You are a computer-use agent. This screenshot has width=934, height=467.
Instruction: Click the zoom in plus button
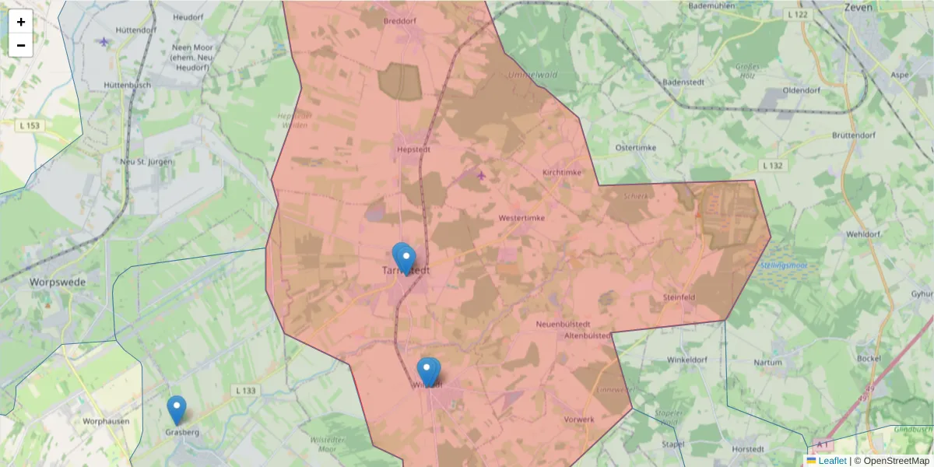tap(21, 22)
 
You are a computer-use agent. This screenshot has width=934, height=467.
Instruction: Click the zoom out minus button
tap(21, 45)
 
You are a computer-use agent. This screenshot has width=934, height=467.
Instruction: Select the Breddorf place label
tap(400, 21)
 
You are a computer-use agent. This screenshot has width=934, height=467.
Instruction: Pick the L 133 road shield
tap(244, 390)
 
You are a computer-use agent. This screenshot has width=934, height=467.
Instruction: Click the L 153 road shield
tap(30, 125)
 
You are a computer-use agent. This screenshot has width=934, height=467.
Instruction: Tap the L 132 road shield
tap(771, 166)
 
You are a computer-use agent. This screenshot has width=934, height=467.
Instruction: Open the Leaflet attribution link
tap(831, 461)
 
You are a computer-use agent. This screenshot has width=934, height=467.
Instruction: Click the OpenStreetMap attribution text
tap(896, 461)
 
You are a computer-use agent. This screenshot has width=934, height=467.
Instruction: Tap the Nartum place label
tap(767, 362)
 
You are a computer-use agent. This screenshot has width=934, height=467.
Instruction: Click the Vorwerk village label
tap(580, 420)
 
